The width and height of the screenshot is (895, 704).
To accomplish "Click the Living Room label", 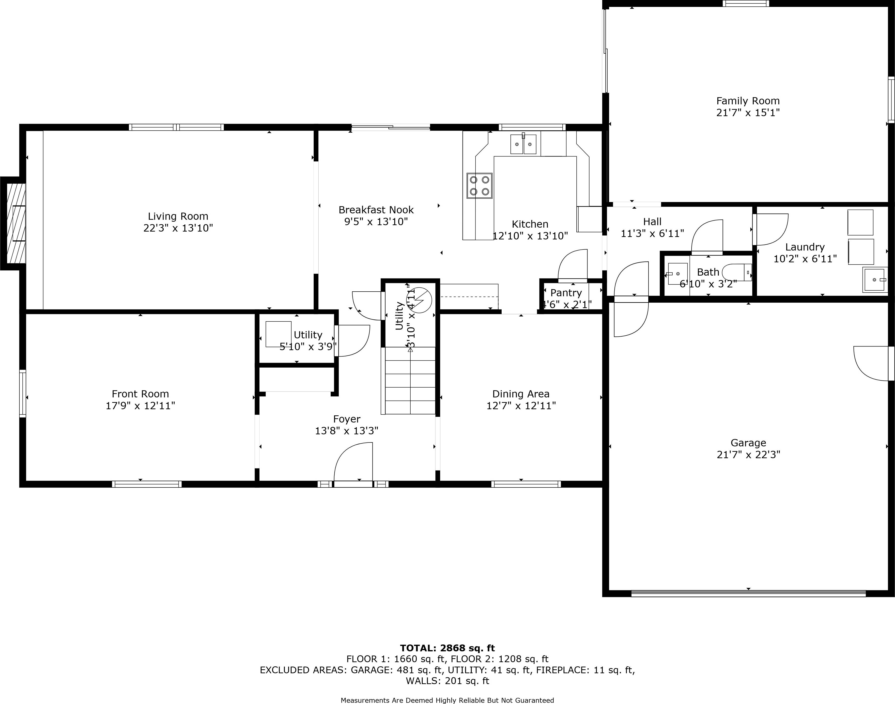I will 178,216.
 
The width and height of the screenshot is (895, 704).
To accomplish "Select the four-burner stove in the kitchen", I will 479,186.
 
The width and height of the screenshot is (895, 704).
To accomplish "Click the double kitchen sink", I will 523,144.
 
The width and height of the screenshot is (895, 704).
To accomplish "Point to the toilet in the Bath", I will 738,272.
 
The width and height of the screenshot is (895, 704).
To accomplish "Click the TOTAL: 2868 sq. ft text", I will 447,648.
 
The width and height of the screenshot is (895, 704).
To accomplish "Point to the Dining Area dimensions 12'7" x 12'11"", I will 521,406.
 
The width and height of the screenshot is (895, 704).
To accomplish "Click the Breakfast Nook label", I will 376,210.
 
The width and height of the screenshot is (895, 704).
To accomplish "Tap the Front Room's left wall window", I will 23,394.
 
